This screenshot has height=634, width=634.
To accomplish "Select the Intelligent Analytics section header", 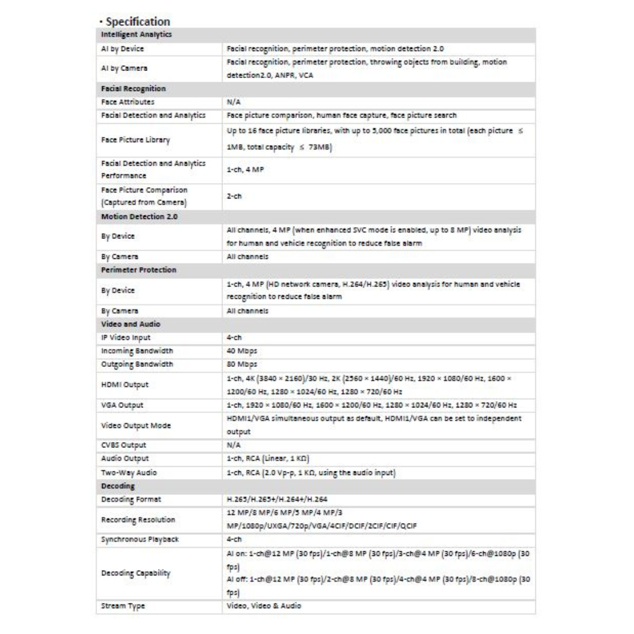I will (x=130, y=35).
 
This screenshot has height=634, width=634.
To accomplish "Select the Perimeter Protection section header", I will (x=139, y=269).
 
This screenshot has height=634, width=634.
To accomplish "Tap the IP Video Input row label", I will (x=126, y=337).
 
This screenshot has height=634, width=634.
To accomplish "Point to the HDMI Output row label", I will (x=124, y=385).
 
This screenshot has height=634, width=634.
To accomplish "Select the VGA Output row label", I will (x=122, y=405).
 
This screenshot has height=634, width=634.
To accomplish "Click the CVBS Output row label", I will (x=123, y=445).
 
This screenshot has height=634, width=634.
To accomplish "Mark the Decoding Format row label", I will (x=131, y=499).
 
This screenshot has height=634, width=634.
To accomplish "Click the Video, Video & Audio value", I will (x=264, y=606).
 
